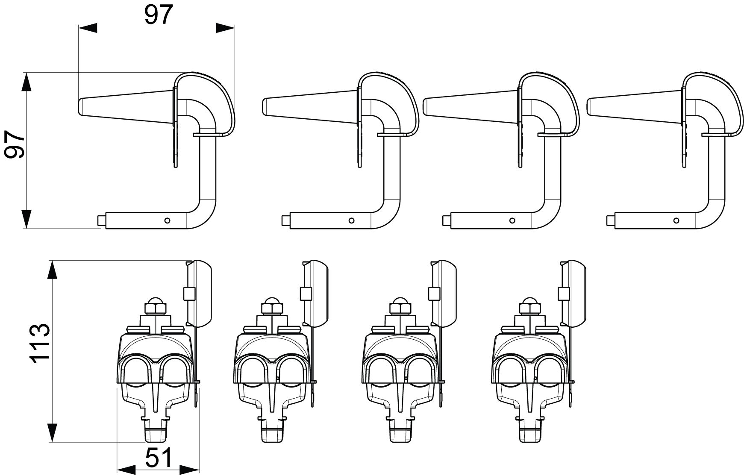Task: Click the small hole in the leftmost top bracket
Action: (x=168, y=220)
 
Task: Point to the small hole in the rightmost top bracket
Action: (x=676, y=220)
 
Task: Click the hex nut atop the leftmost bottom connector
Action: (x=156, y=308)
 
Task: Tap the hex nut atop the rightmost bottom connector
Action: (x=531, y=308)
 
